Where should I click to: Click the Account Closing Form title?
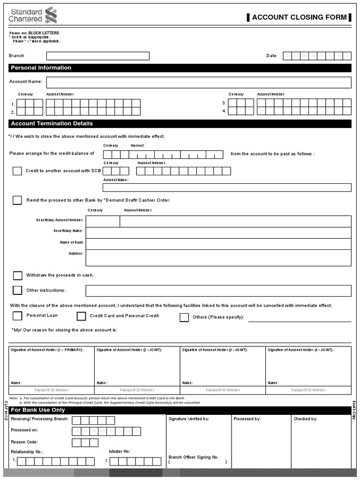tap(299, 17)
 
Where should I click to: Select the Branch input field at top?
tap(108, 56)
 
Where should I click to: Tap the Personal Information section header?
tap(41, 68)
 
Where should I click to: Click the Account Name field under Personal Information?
tap(198, 82)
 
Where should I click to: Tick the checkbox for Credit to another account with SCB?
tap(17, 171)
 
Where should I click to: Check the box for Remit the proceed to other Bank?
tap(17, 200)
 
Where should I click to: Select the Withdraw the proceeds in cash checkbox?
tap(17, 275)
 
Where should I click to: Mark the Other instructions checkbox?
tap(17, 290)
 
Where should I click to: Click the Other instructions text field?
tap(218, 291)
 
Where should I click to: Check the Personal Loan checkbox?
tap(17, 316)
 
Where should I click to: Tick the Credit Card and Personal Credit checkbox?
tap(82, 316)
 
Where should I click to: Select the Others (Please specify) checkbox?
tap(184, 317)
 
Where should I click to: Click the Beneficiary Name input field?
tap(218, 232)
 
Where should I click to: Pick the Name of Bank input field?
tap(218, 244)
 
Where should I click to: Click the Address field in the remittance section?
tap(218, 257)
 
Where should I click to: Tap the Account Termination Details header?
tap(52, 124)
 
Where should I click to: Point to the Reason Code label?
tap(24, 442)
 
